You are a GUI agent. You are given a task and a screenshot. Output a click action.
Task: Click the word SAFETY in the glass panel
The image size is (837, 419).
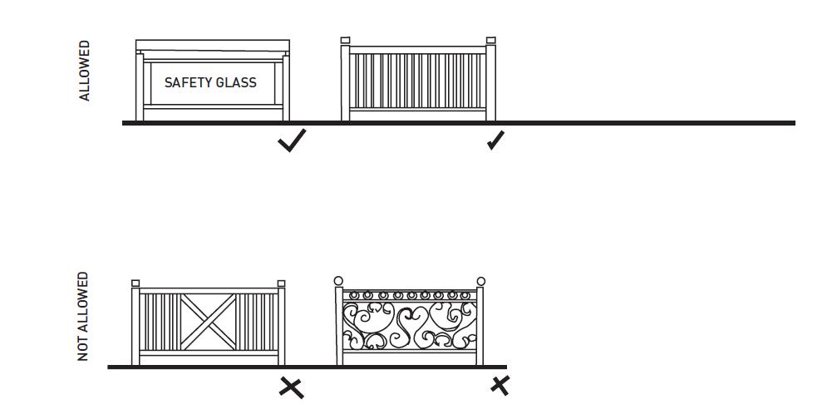(188, 83)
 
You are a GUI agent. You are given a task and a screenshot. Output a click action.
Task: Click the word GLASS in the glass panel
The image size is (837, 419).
(236, 83)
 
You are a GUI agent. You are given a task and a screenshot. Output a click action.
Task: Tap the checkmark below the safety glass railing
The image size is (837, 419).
(292, 140)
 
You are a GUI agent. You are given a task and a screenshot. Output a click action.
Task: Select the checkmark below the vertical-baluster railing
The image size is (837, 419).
(495, 140)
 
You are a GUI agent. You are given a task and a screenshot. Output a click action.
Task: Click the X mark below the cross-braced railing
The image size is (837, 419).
(291, 387)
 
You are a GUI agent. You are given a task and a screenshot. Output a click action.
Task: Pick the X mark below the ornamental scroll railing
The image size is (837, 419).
(500, 385)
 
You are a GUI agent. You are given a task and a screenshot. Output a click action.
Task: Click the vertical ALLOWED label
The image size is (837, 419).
(85, 71)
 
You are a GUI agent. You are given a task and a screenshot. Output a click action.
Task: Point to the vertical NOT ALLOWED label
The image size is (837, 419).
(83, 317)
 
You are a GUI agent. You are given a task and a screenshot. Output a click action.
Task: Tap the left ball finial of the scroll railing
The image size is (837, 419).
(338, 281)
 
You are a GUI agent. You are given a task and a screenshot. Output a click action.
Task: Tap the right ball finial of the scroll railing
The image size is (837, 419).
(480, 281)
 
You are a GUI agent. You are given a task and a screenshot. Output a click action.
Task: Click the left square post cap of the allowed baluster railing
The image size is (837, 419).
(346, 40)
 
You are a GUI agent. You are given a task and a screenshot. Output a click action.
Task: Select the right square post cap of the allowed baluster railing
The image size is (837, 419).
(490, 40)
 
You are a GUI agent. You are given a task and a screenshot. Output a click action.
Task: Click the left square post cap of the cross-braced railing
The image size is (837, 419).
(135, 283)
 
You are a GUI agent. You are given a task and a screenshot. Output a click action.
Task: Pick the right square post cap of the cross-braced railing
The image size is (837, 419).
(281, 283)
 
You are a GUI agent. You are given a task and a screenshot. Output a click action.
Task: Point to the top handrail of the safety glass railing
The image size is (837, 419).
(213, 45)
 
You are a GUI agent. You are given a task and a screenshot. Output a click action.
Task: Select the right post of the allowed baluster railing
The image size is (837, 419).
(490, 83)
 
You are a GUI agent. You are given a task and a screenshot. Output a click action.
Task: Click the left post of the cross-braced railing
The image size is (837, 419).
(136, 326)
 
